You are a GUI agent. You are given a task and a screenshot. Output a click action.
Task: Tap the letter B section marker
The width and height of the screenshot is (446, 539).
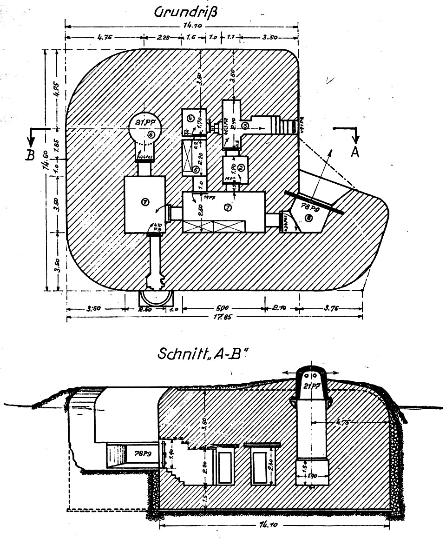(31, 155)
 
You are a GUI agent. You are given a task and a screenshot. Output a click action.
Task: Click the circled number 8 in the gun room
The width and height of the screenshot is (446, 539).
(308, 218)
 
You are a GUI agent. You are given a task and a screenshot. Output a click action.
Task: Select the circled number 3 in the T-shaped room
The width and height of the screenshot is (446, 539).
(245, 126)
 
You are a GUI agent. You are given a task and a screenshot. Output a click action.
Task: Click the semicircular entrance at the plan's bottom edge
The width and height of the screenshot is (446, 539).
(156, 297)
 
